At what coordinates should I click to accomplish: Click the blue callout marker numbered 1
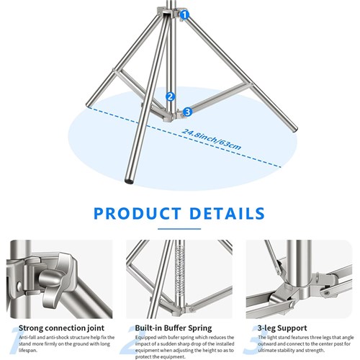(184, 14)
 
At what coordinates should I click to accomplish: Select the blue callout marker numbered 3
(188, 112)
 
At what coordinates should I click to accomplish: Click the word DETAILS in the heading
(230, 213)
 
